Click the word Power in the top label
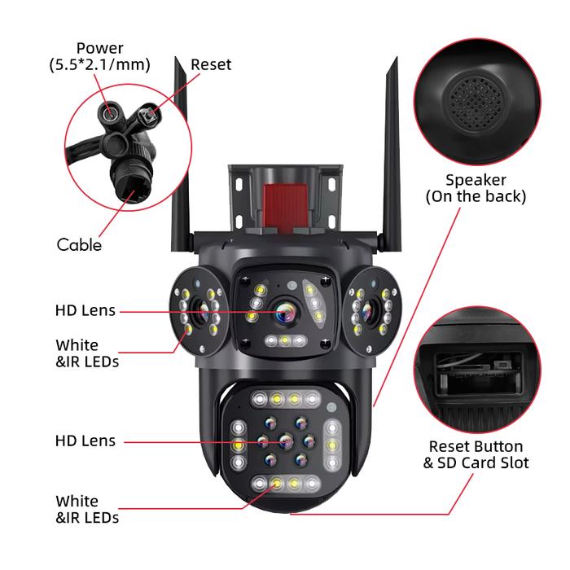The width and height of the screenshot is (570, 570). coord(99,48)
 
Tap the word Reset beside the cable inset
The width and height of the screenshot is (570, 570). coord(211,64)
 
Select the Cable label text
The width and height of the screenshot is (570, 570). coord(79,243)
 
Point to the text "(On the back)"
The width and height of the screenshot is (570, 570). coord(476,196)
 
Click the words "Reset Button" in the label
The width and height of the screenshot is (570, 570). coord(476,446)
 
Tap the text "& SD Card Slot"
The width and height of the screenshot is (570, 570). coord(476,463)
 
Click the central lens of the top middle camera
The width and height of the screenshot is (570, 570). coord(284,310)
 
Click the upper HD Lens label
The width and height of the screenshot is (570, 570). coord(85,310)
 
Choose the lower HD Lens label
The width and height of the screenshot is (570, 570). coord(85,441)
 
